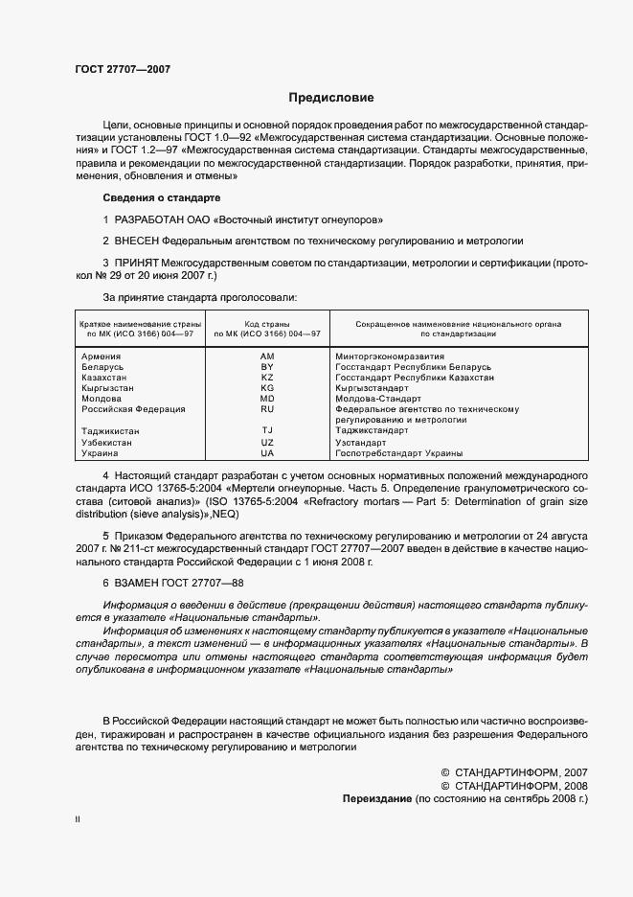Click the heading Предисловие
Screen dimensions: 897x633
331,98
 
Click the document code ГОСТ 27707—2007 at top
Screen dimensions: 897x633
123,69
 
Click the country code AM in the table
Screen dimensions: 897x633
267,356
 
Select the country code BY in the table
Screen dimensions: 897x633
267,367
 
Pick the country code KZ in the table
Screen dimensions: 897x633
267,378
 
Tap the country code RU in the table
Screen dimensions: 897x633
267,409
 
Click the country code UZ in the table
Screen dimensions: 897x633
267,442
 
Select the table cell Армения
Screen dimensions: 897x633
101,356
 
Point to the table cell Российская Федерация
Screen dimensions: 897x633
132,409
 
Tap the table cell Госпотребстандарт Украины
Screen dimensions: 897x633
398,452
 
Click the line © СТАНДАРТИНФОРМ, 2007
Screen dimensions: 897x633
513,770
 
